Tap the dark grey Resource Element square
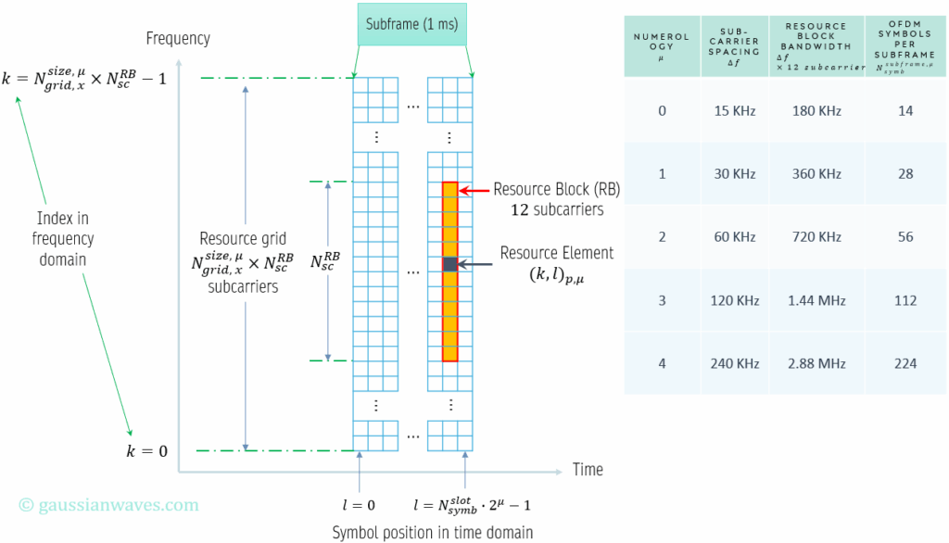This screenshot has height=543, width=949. tap(449, 264)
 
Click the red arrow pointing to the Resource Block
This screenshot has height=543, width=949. tap(473, 191)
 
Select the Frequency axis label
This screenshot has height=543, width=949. tap(178, 39)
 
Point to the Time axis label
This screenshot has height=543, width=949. tap(588, 470)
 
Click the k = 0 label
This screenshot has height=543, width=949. tap(146, 451)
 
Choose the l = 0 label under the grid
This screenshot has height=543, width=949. tap(359, 505)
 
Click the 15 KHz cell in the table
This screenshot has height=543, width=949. tap(735, 111)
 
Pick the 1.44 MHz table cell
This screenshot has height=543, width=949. tap(816, 300)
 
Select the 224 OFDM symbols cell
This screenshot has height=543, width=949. tap(905, 363)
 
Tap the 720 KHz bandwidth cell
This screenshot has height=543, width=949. tap(816, 237)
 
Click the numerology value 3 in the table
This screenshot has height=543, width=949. tap(662, 300)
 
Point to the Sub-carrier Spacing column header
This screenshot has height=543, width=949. tap(735, 44)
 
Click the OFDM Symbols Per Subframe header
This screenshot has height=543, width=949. tap(905, 45)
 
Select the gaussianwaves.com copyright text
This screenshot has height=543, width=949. tap(108, 505)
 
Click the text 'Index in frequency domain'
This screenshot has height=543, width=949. tap(63, 239)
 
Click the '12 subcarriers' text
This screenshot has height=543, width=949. tap(556, 209)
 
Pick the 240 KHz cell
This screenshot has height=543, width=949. tap(735, 363)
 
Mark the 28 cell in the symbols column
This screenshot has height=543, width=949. tap(905, 174)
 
